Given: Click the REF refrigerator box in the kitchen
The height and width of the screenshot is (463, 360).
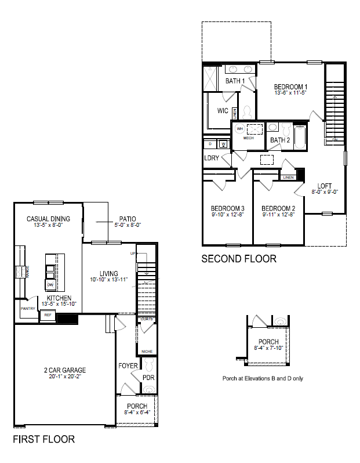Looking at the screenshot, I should point(47,315).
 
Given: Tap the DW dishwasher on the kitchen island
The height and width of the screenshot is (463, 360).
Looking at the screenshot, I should point(50,284).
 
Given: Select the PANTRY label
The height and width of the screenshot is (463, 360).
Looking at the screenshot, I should point(28,309).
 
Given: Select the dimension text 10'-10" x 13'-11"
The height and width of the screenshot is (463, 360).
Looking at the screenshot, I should point(108,280).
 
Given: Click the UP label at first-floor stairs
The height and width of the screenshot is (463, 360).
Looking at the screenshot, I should point(133,254).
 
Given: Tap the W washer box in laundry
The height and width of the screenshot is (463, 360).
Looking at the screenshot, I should point(223,144).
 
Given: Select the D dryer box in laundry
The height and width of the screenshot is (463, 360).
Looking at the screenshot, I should point(210,144).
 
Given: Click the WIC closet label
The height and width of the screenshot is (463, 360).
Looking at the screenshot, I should point(222,110).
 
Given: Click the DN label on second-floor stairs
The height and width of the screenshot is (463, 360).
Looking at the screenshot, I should point(335,139).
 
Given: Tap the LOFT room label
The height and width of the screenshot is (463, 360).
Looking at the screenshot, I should point(325,186).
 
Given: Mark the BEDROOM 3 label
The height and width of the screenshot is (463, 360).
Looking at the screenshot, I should point(227,208).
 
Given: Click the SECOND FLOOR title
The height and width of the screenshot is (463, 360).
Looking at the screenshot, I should point(238,259).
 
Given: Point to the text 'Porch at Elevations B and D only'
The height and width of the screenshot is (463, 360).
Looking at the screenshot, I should point(263,378).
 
